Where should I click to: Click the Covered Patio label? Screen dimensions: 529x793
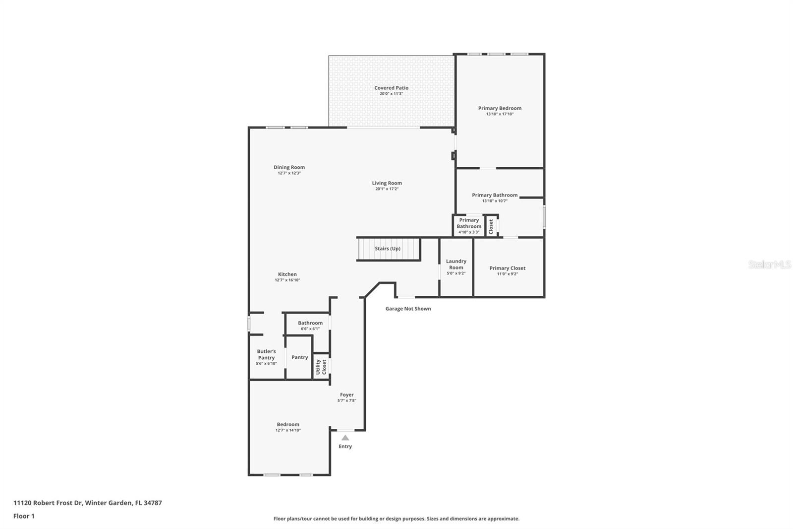pos(391,88)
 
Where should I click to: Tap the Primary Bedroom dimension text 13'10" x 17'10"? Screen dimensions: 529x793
pos(500,114)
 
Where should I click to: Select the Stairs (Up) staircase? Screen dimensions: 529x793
pos(388,249)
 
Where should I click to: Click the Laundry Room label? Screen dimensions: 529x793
pos(456,264)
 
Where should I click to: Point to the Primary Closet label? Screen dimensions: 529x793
pos(508,268)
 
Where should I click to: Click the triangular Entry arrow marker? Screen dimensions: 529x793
pos(345,438)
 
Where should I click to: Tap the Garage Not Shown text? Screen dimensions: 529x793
pos(408,309)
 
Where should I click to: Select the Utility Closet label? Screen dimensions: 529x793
pos(321,367)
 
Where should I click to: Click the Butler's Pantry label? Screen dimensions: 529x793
pos(266,354)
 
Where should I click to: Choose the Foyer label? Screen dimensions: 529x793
pos(347,395)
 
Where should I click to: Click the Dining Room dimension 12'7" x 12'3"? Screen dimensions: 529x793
pos(289,173)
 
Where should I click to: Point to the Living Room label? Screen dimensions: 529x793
pos(387,183)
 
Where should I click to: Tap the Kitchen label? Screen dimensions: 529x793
pos(287,274)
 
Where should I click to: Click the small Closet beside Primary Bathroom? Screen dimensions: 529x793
pos(491,226)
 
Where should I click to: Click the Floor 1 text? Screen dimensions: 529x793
pos(24,516)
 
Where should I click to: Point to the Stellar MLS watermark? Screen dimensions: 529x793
pos(770,264)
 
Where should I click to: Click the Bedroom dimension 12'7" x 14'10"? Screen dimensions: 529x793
pos(288,430)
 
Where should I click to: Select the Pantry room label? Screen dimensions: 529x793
pos(300,357)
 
